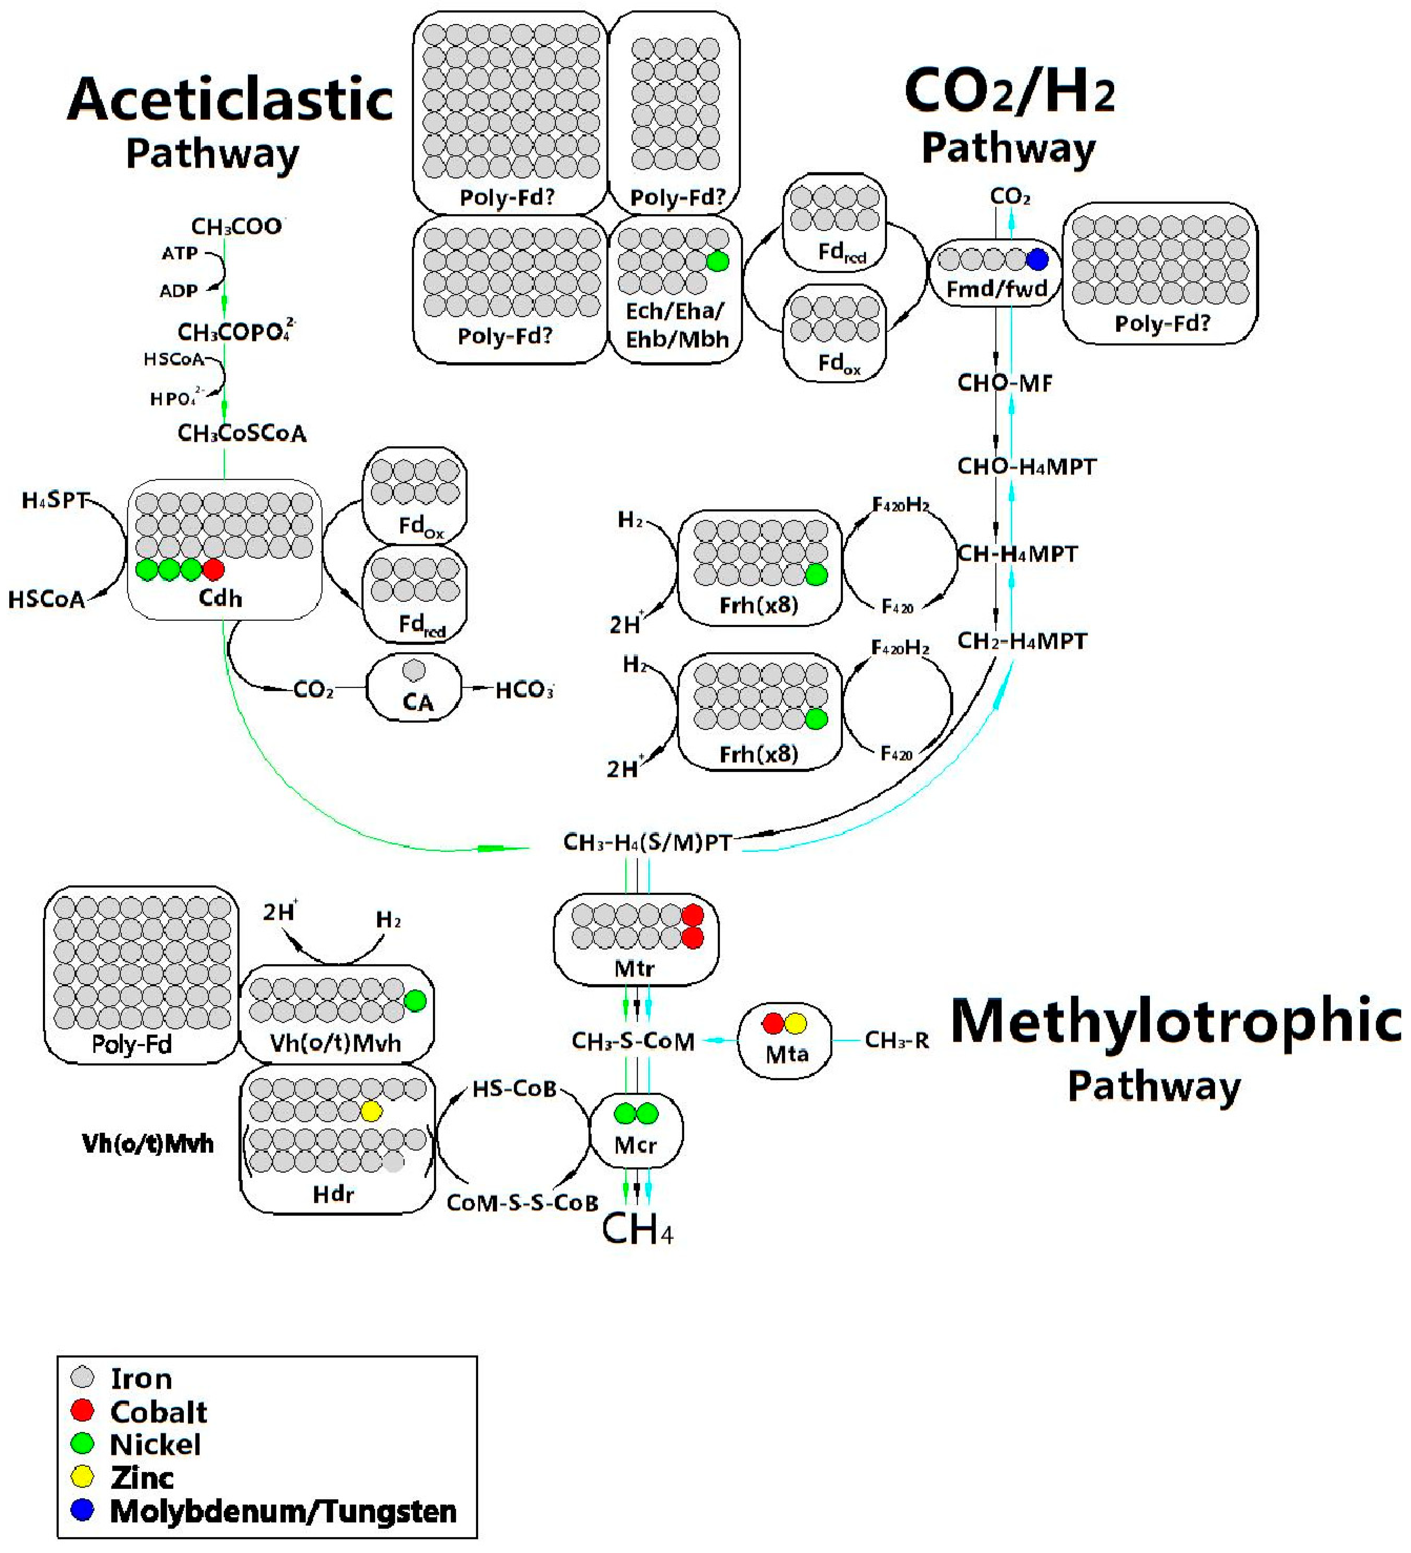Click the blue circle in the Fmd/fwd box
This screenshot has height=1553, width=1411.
tap(1037, 260)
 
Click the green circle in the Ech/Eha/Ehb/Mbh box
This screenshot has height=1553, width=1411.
tap(717, 261)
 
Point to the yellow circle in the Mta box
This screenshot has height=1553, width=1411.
tap(795, 1023)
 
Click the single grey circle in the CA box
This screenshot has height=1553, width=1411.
tap(414, 669)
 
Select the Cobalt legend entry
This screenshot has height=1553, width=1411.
tap(158, 1411)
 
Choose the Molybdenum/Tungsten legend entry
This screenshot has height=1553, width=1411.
tap(283, 1511)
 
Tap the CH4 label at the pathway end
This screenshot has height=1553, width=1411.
tap(637, 1229)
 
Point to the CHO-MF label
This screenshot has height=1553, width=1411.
tap(1004, 383)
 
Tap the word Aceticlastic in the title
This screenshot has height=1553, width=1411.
tap(230, 99)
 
